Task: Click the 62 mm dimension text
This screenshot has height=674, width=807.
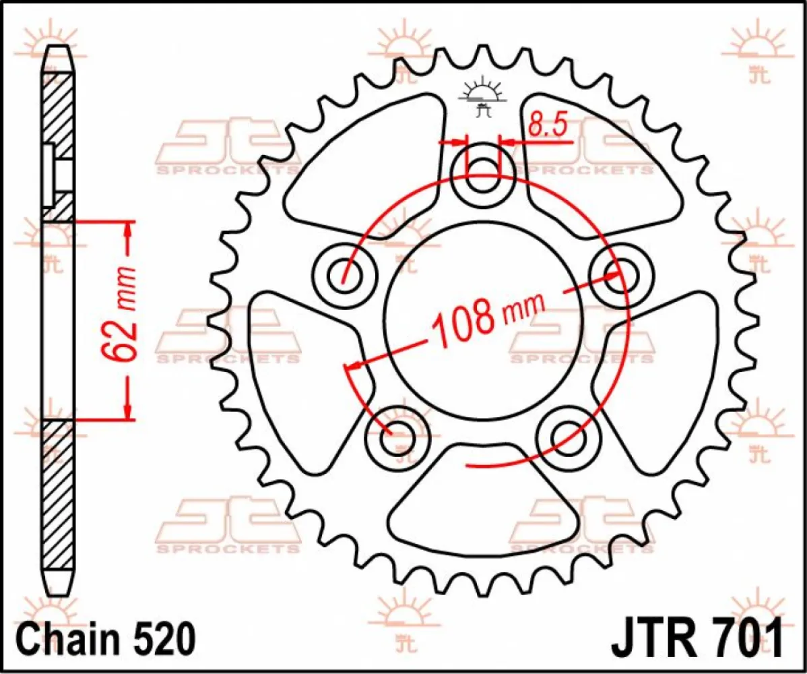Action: coord(125,313)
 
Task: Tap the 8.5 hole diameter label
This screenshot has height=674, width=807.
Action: coord(545,126)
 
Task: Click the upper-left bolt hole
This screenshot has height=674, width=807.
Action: coord(346,274)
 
